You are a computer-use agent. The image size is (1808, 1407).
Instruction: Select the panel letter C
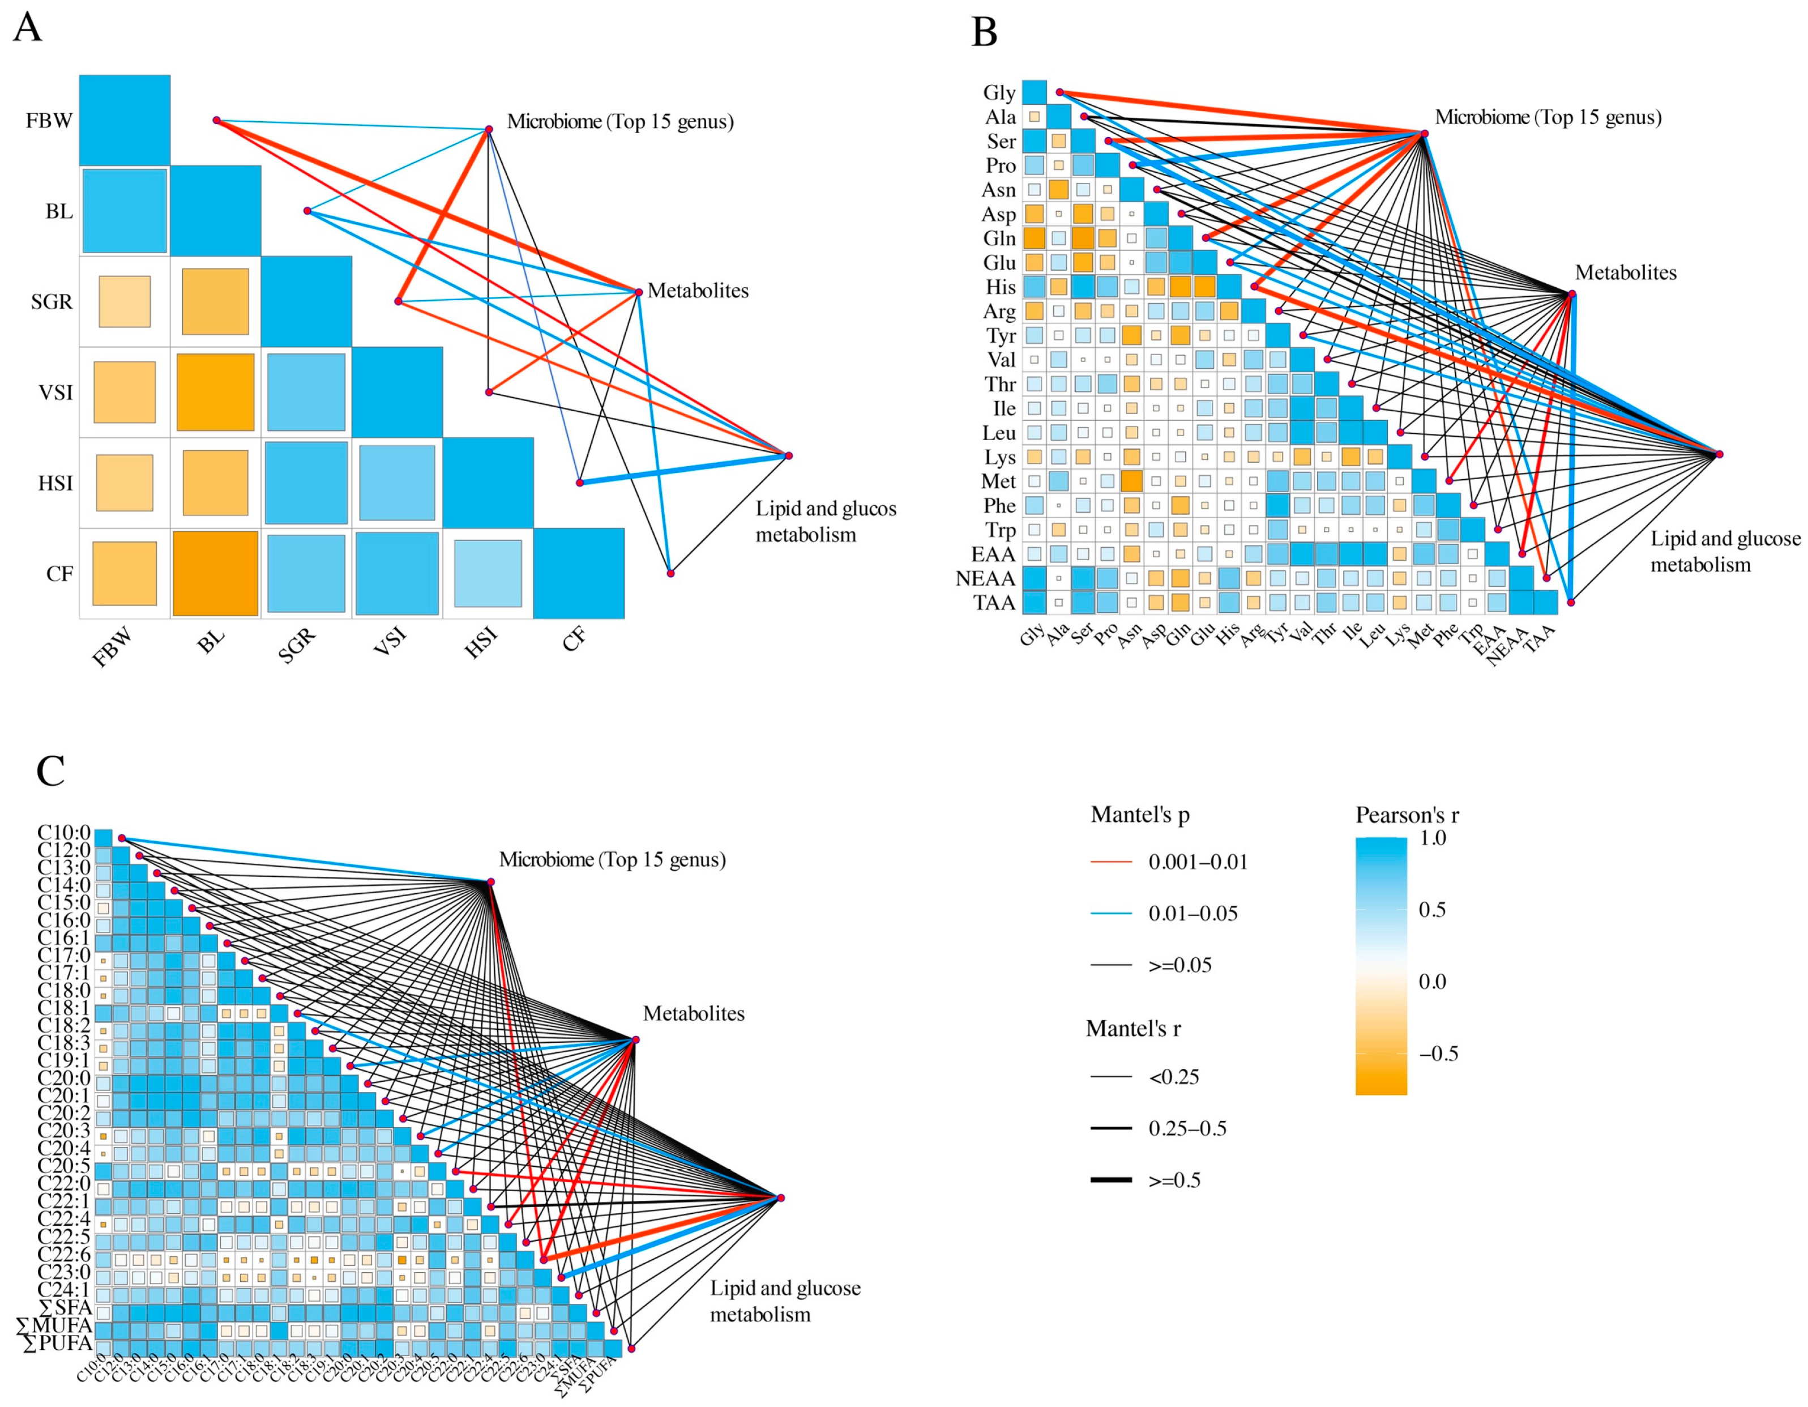pyautogui.click(x=50, y=771)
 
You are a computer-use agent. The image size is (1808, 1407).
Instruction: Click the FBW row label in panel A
pyautogui.click(x=49, y=121)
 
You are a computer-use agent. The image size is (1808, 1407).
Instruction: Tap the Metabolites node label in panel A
pyautogui.click(x=698, y=291)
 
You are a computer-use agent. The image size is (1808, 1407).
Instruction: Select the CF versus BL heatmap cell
pyautogui.click(x=215, y=573)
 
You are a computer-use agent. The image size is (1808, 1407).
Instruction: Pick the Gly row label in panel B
pyautogui.click(x=999, y=93)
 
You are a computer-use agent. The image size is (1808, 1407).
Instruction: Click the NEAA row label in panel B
pyautogui.click(x=985, y=578)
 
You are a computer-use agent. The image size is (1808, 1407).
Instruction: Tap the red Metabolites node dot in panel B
pyautogui.click(x=1572, y=294)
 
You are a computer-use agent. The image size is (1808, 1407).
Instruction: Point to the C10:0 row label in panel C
pyautogui.click(x=64, y=832)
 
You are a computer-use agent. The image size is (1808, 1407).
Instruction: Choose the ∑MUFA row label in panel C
pyautogui.click(x=54, y=1326)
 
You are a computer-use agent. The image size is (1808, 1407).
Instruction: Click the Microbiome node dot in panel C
pyautogui.click(x=491, y=882)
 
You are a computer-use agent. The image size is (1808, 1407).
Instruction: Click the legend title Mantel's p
pyautogui.click(x=1140, y=815)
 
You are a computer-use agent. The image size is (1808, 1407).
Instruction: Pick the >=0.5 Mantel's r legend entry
pyautogui.click(x=1174, y=1180)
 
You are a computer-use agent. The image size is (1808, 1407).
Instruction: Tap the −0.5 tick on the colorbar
pyautogui.click(x=1438, y=1054)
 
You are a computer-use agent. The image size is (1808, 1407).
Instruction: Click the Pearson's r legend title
pyautogui.click(x=1407, y=815)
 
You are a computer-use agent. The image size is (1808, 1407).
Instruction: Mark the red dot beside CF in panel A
pyautogui.click(x=670, y=573)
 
